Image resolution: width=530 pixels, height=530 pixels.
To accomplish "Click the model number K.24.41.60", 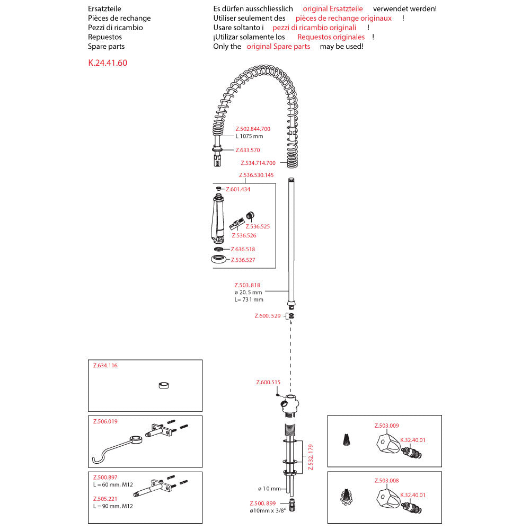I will click(x=108, y=63).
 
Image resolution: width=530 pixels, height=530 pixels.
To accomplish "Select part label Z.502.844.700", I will click(x=253, y=129).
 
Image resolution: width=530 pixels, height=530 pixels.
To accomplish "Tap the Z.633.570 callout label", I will click(x=248, y=150).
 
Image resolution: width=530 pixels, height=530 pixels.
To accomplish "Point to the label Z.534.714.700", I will click(x=258, y=163).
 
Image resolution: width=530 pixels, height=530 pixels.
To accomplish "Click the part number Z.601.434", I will click(x=238, y=189).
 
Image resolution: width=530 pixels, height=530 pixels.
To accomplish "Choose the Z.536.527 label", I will click(x=243, y=260).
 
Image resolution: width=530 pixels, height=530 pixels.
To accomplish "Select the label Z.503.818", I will click(x=247, y=285).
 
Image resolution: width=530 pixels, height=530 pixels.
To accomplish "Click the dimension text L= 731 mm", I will click(x=249, y=299).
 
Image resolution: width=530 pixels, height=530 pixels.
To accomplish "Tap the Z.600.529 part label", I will click(x=268, y=316).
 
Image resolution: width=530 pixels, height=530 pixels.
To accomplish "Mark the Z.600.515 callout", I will click(x=268, y=382).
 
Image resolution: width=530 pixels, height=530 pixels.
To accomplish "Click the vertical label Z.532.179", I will click(x=311, y=457).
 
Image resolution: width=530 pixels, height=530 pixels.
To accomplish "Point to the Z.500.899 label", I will click(x=263, y=503).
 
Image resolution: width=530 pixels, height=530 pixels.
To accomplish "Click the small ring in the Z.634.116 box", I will click(x=164, y=385).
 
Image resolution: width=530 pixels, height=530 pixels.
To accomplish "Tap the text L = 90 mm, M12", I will click(x=113, y=506).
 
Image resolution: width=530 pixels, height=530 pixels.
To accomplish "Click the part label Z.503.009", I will click(x=386, y=425).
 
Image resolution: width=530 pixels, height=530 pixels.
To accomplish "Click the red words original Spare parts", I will click(x=278, y=47).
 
